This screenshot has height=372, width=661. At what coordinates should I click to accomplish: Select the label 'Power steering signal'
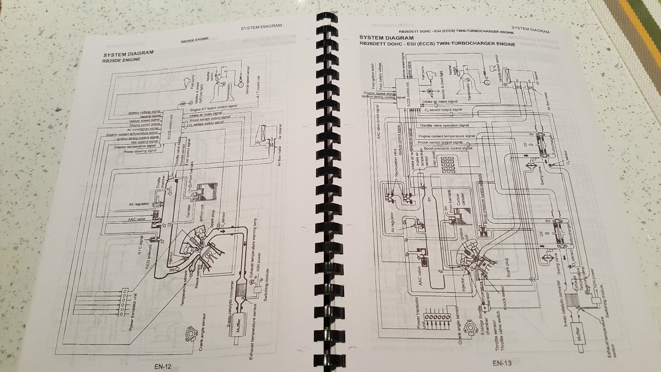pyautogui.click(x=140, y=151)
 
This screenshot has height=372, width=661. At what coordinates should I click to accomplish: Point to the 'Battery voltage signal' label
pyautogui.click(x=145, y=112)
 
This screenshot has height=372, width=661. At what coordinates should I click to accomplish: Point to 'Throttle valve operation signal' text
pyautogui.click(x=444, y=125)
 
